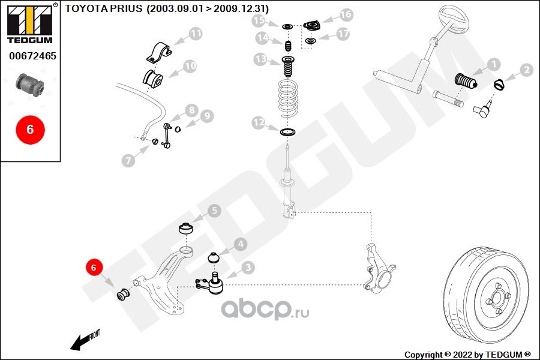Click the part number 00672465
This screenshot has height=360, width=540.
click(32, 56)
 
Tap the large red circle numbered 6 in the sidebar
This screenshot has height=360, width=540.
click(30, 130)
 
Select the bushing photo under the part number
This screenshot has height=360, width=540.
click(30, 85)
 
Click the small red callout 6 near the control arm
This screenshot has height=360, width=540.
click(94, 267)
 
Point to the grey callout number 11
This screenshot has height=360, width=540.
click(196, 34)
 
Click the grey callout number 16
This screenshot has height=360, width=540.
click(346, 14)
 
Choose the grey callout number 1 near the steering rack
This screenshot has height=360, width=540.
click(494, 64)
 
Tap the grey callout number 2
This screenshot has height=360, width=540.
click(526, 70)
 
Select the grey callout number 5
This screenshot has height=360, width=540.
click(214, 211)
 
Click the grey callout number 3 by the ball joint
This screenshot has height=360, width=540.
click(248, 268)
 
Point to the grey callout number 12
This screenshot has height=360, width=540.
click(258, 122)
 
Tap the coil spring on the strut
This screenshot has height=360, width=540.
click(288, 98)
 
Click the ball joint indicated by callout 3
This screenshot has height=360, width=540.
click(211, 283)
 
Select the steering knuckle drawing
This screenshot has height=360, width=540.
click(379, 268)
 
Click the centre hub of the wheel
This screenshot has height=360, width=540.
click(497, 298)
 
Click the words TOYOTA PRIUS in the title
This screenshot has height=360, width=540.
click(104, 8)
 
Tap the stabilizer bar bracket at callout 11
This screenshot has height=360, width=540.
click(159, 53)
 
